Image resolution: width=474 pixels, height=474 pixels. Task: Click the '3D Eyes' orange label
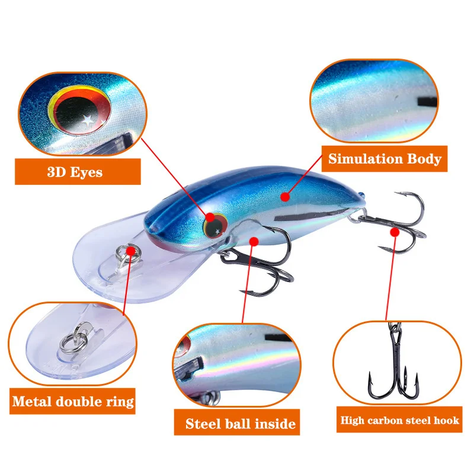click(78, 171)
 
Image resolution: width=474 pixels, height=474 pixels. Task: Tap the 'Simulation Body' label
click(385, 159)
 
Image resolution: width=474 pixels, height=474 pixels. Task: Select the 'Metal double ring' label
click(72, 401)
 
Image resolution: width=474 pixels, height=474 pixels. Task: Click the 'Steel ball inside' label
click(237, 422)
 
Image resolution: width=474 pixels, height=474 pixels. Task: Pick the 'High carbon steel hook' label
click(399, 419)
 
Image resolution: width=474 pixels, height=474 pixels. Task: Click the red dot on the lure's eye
click(210, 217)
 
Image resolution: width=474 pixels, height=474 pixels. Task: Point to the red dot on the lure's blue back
click(285, 197)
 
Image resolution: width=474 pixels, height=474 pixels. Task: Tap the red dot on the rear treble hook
click(395, 232)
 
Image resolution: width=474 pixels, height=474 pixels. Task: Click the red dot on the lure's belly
click(254, 241)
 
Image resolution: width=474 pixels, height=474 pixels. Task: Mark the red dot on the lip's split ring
click(131, 251)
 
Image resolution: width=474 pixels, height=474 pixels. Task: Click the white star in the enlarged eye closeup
click(88, 120)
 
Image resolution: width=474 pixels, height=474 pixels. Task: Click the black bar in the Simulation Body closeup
click(427, 101)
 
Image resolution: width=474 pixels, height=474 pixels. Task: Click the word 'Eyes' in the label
click(87, 172)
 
